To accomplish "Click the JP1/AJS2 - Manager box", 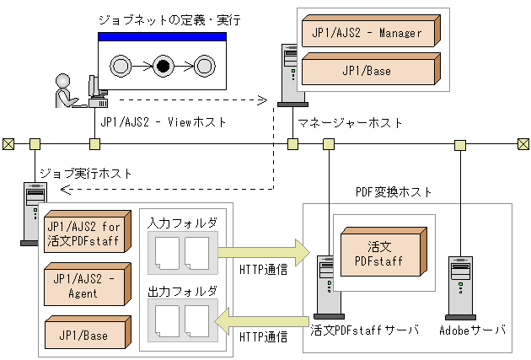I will point(369,35).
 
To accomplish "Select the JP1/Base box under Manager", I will point(369,71).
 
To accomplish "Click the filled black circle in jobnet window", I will point(163,64).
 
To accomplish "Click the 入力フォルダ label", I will point(182,223).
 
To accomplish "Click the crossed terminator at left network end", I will point(8,143).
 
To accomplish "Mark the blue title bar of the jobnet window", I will point(162,37).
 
